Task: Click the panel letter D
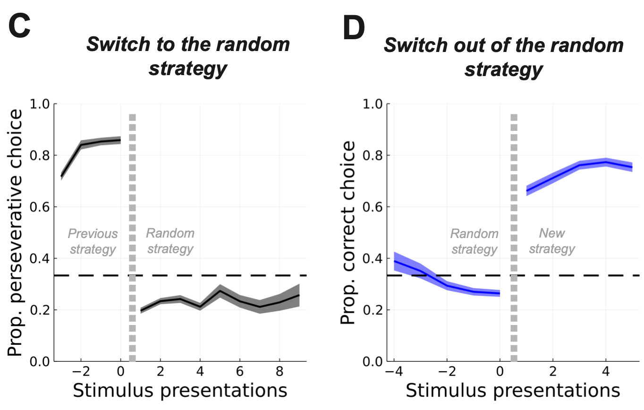tap(354, 27)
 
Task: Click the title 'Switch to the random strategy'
tap(187, 56)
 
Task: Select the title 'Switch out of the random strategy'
tap(503, 57)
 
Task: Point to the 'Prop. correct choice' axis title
tap(349, 232)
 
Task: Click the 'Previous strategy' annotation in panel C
tap(93, 241)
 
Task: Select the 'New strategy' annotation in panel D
tap(551, 241)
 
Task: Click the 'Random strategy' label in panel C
tap(170, 241)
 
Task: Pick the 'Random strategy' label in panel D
tap(474, 241)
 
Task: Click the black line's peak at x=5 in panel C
tap(220, 291)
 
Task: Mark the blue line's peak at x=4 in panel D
tap(605, 162)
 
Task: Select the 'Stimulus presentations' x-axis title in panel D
tap(512, 391)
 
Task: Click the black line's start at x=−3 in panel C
tap(61, 176)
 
